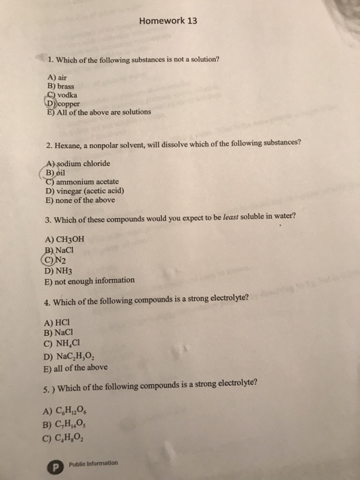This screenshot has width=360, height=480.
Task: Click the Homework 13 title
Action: coord(167,21)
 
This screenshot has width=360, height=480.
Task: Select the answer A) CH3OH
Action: coord(64,239)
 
